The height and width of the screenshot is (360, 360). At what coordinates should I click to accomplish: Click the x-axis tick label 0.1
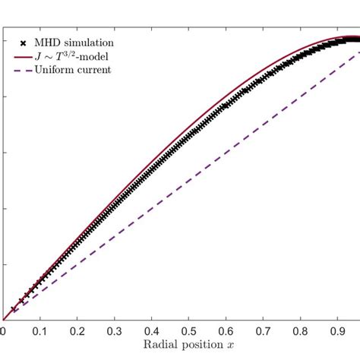pyautogui.click(x=40, y=333)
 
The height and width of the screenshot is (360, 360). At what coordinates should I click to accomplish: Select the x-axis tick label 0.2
pyautogui.click(x=77, y=333)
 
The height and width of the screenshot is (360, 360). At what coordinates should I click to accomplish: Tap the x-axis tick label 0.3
pyautogui.click(x=115, y=333)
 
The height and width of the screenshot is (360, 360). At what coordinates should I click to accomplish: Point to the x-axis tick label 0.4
pyautogui.click(x=152, y=333)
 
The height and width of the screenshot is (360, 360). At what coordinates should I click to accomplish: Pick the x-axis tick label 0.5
pyautogui.click(x=189, y=333)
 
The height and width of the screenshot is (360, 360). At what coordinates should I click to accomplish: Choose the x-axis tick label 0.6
pyautogui.click(x=226, y=333)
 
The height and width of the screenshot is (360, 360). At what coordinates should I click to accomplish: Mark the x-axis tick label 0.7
pyautogui.click(x=264, y=333)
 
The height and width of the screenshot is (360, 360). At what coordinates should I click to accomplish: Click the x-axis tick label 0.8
pyautogui.click(x=301, y=333)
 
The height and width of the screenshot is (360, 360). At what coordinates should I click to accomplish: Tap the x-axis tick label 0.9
pyautogui.click(x=338, y=333)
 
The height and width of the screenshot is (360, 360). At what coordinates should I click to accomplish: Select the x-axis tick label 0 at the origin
pyautogui.click(x=3, y=333)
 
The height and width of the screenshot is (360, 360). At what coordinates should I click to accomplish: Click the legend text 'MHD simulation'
pyautogui.click(x=79, y=43)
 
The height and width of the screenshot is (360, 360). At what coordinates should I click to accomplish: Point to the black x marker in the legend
pyautogui.click(x=23, y=43)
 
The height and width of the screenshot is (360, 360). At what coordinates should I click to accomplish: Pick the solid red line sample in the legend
pyautogui.click(x=23, y=56)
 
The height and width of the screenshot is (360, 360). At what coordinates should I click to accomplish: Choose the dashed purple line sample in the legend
pyautogui.click(x=23, y=70)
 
